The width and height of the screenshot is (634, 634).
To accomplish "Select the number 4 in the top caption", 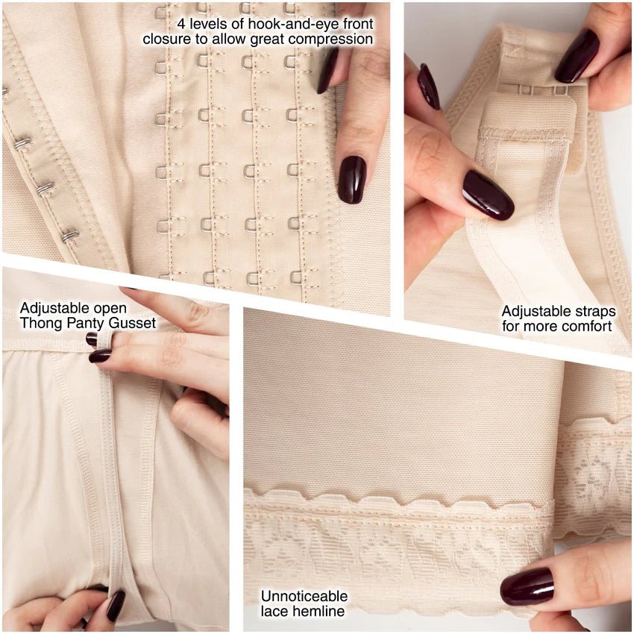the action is (x=181, y=24).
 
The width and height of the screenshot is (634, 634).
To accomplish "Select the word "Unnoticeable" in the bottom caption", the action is (x=304, y=596).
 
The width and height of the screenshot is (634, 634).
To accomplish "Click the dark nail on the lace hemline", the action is (x=527, y=587).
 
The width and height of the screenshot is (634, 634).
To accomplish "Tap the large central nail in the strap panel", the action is (x=488, y=195).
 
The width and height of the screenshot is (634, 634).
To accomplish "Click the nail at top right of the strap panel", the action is (x=577, y=56).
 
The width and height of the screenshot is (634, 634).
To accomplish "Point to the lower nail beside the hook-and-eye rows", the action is (x=352, y=180).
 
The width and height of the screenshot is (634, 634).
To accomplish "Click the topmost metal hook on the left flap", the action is (x=22, y=142).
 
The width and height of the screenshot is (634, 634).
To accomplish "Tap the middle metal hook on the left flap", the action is (x=45, y=189).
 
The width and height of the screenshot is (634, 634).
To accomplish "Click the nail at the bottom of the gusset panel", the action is (x=116, y=606).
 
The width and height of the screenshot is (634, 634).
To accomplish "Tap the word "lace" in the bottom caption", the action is (x=275, y=611).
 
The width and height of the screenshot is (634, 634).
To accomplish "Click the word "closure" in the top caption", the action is (x=167, y=40).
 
